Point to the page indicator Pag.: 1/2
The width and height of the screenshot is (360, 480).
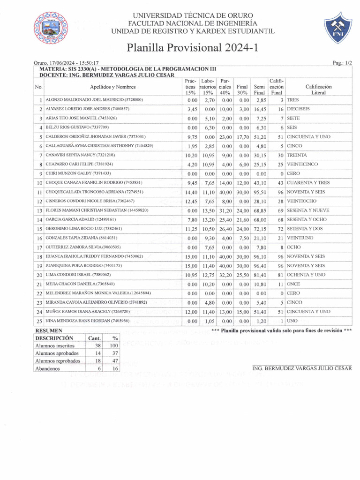342,62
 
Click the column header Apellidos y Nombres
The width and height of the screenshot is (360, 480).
113,87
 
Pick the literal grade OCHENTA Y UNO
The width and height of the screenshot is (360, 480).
308,275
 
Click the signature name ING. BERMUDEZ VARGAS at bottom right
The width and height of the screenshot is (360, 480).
302,368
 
